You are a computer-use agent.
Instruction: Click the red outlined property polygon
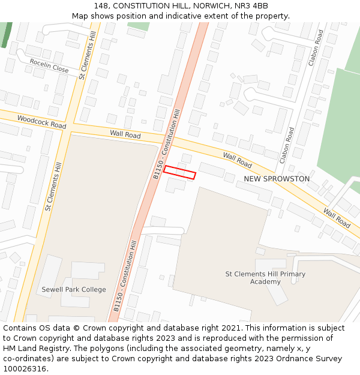click(179, 172)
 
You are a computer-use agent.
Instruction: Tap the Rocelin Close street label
click(49, 65)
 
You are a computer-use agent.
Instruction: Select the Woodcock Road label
click(41, 122)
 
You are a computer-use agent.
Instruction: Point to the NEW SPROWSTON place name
click(277, 179)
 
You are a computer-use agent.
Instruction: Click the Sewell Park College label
click(74, 289)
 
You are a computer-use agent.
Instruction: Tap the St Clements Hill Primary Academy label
click(265, 278)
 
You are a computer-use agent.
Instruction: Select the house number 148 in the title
click(101, 6)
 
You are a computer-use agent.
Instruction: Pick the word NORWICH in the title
click(215, 6)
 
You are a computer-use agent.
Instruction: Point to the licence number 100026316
click(25, 368)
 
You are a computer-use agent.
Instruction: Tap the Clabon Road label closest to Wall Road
click(287, 145)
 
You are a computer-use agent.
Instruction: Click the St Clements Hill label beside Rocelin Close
click(87, 55)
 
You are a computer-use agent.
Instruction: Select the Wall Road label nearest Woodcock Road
click(125, 134)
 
